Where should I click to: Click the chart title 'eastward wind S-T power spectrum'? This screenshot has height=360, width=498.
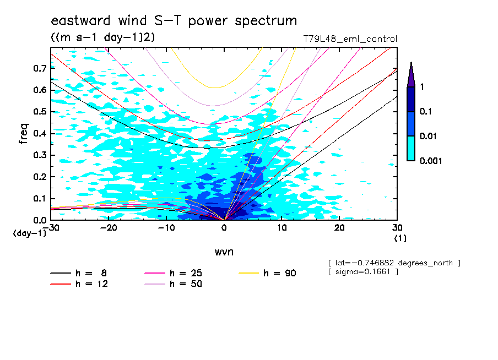pos(174,21)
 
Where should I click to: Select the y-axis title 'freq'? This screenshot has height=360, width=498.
pos(24,134)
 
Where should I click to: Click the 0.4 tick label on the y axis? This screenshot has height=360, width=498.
pos(39,133)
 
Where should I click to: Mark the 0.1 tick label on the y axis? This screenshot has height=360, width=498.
pos(39,198)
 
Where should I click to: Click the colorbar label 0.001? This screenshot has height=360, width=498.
pos(431,161)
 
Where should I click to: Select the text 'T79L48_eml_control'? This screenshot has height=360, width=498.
pos(350,39)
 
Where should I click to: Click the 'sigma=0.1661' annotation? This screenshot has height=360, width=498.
pos(363,272)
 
